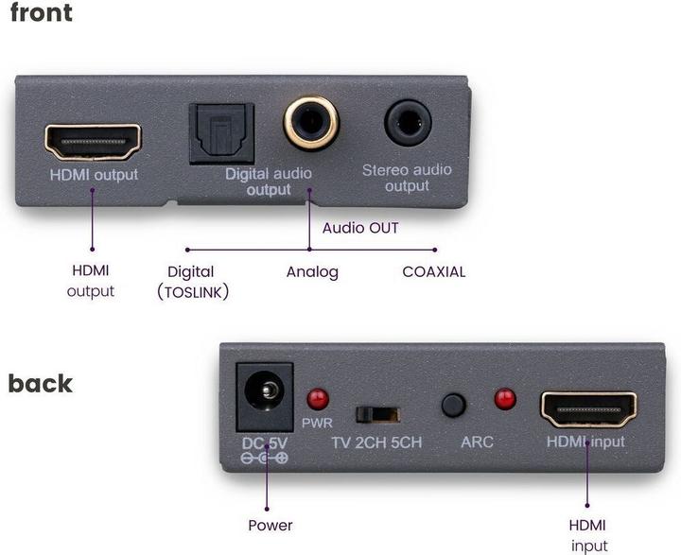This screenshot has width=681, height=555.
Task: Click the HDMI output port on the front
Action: click(93, 141)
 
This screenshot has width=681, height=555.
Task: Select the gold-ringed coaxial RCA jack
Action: click(310, 123)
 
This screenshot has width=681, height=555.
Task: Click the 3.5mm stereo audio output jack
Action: click(408, 123)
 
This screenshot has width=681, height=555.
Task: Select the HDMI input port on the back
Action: click(587, 408)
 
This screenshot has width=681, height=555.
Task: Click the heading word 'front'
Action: click(41, 15)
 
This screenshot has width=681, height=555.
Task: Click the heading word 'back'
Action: click(41, 383)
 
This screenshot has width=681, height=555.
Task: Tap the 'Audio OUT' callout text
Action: click(360, 228)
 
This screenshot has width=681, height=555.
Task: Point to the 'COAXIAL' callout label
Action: click(434, 272)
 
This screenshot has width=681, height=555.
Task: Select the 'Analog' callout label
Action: click(312, 272)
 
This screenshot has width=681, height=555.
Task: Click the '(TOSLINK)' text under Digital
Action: click(194, 292)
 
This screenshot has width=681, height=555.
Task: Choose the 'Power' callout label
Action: click(270, 525)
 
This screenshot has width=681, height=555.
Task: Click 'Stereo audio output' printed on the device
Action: click(407, 179)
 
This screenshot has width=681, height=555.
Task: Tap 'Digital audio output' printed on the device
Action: click(269, 182)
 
